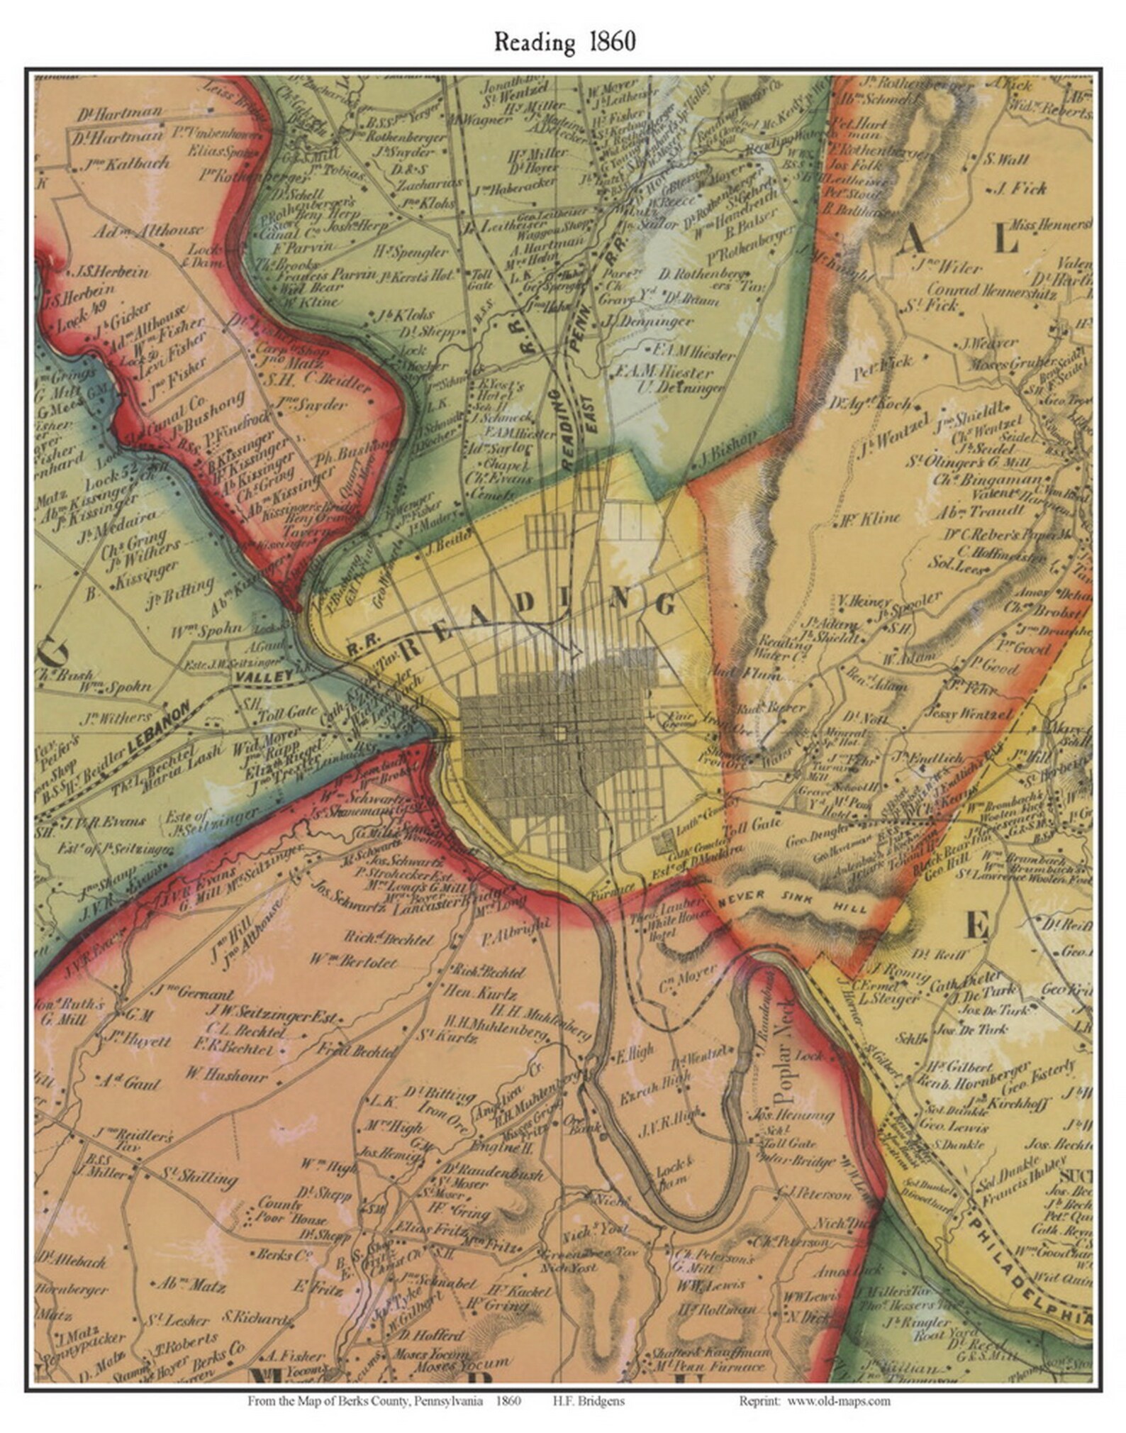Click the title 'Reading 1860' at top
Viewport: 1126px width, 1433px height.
pyautogui.click(x=564, y=42)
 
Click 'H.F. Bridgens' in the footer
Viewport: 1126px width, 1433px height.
pyautogui.click(x=589, y=1401)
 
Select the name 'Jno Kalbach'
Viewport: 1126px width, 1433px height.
pyautogui.click(x=127, y=164)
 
